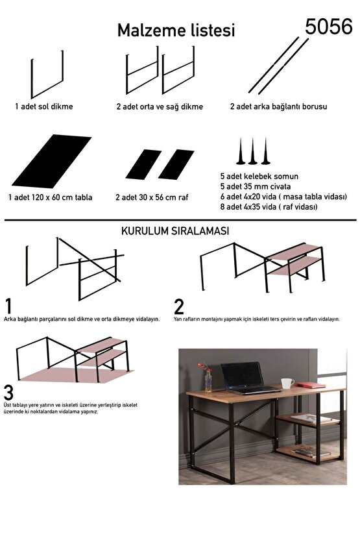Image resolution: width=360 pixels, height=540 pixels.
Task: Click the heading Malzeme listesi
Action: pyautogui.click(x=176, y=30)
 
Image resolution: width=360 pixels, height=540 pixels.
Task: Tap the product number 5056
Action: pyautogui.click(x=329, y=26)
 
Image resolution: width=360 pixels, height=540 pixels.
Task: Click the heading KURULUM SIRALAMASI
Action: pyautogui.click(x=174, y=231)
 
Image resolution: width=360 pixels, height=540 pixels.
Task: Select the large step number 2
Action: pyautogui.click(x=180, y=306)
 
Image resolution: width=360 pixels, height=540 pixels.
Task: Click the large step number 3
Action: pyautogui.click(x=9, y=393)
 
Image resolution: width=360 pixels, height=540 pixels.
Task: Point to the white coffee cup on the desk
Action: pyautogui.click(x=287, y=383)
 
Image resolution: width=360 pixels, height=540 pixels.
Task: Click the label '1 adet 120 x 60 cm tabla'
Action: pyautogui.click(x=51, y=197)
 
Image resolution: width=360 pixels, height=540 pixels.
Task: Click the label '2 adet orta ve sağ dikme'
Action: pyautogui.click(x=159, y=106)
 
